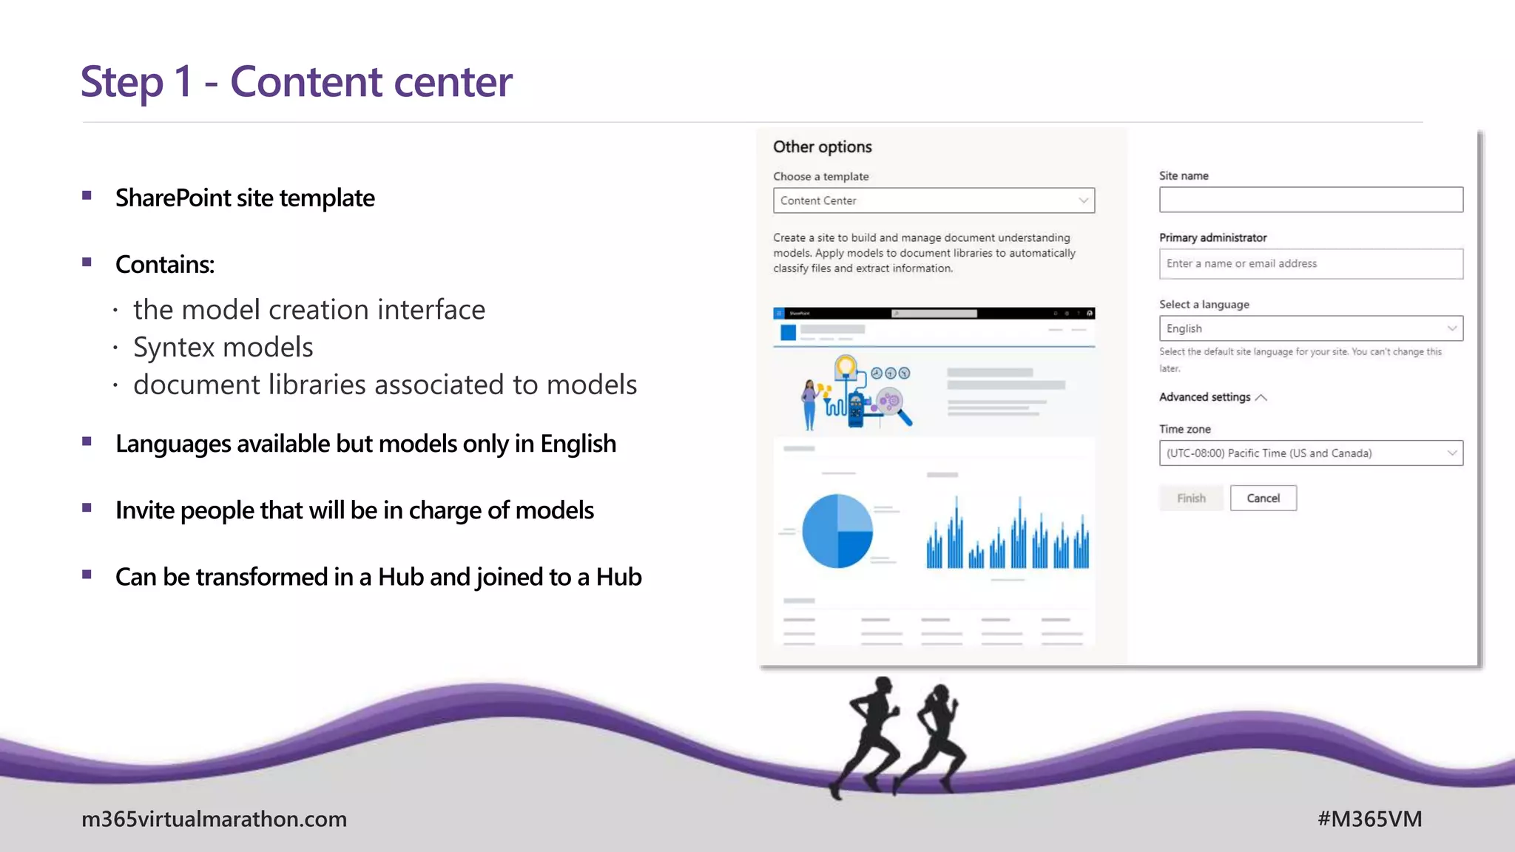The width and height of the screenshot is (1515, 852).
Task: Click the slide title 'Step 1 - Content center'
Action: tap(296, 81)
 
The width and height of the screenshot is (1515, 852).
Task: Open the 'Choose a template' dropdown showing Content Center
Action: tap(934, 200)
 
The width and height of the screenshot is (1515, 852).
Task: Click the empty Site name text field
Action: tap(1311, 200)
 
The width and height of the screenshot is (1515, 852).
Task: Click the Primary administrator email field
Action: tap(1311, 263)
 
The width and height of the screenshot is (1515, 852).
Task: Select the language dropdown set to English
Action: tap(1311, 328)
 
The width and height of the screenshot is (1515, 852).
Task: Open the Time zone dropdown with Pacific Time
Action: tap(1311, 453)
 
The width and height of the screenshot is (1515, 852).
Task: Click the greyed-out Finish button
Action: tap(1191, 498)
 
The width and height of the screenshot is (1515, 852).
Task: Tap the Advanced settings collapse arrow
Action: tap(1261, 398)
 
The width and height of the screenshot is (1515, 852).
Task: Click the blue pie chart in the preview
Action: tap(837, 531)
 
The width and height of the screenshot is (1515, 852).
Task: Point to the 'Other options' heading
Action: tap(822, 146)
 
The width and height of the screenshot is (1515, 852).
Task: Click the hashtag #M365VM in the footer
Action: tap(1369, 819)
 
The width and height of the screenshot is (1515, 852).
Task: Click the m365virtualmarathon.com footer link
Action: tap(214, 819)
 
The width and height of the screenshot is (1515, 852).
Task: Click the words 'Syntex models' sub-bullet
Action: tap(223, 347)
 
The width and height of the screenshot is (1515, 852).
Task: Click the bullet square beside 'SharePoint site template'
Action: tap(87, 196)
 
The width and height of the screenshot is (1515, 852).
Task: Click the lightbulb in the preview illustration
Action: tap(846, 366)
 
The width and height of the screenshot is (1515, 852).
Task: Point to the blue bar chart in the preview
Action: tap(1008, 536)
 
